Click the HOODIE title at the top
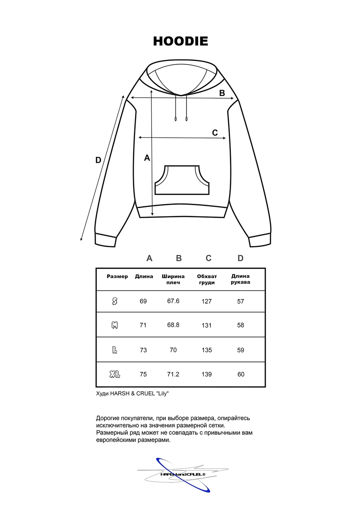pos(180,41)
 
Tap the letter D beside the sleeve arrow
pos(98,160)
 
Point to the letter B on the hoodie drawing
pos(222,93)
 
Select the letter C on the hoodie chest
pos(215,133)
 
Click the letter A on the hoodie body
pos(147,158)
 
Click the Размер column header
pos(117,276)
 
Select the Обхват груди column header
pos(207,279)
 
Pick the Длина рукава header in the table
pos(240,279)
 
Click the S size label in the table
pos(114,301)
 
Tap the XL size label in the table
pos(114,374)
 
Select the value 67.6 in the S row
pos(173,301)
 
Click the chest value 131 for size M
pos(207,325)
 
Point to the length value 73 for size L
pos(143,350)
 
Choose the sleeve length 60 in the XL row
pos(241,374)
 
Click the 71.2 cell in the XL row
pos(173,374)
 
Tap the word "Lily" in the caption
pos(162,393)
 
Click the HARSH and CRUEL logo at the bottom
pos(183,474)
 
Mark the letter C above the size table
pos(208,258)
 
